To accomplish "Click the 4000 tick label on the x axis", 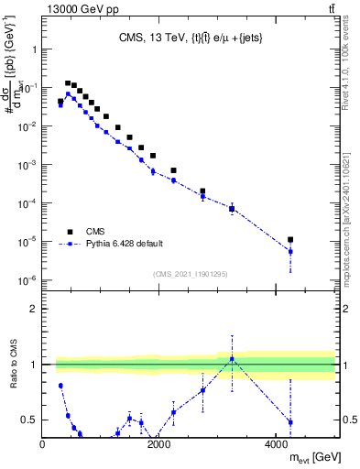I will (277, 445).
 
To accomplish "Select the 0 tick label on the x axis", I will (43, 445).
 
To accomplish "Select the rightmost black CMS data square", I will (290, 240).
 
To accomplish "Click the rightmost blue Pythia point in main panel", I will (290, 251).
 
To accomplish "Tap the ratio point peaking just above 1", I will (232, 358).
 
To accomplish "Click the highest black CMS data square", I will (68, 82).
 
